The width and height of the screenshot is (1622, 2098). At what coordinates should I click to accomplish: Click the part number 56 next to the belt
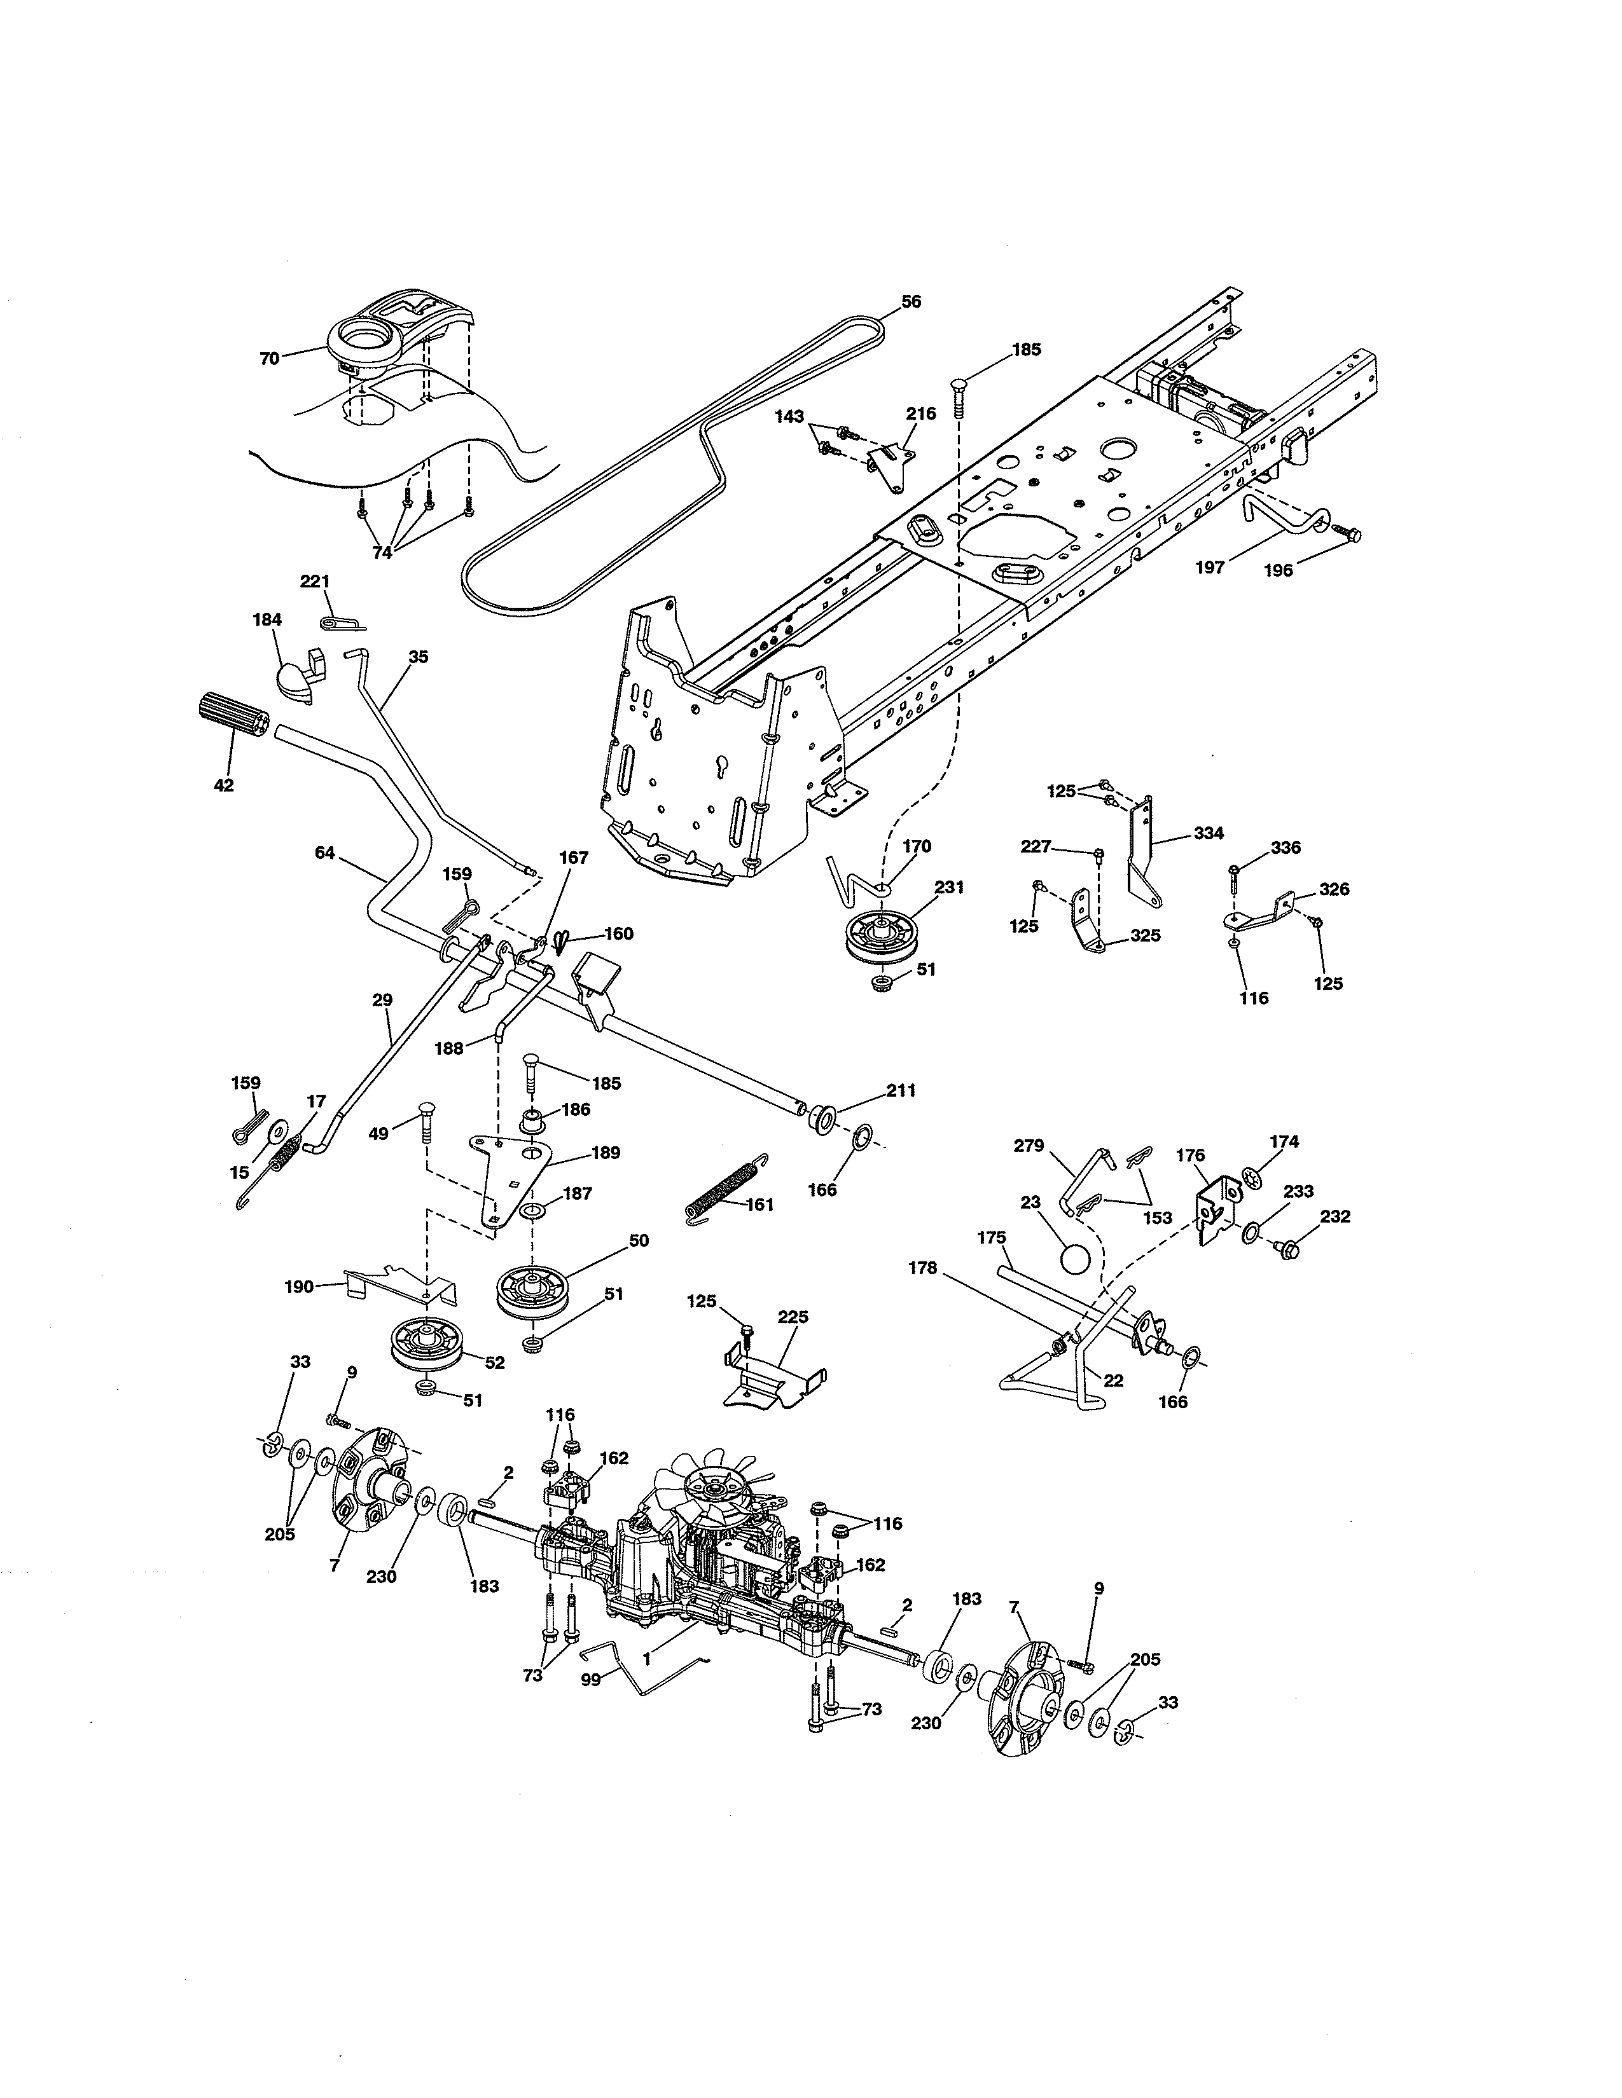pyautogui.click(x=911, y=301)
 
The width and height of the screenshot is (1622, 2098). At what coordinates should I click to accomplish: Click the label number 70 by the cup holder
pyautogui.click(x=269, y=359)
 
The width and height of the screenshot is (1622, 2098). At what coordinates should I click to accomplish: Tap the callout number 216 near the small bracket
pyautogui.click(x=920, y=413)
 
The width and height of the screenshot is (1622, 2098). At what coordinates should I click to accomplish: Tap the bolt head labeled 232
pyautogui.click(x=1291, y=1250)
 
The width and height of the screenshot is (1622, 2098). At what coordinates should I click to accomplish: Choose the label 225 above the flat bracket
pyautogui.click(x=793, y=1317)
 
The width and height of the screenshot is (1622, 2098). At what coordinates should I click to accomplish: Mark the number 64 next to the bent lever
pyautogui.click(x=325, y=852)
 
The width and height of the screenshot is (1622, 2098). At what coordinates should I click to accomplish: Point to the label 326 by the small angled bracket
pyautogui.click(x=1334, y=889)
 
